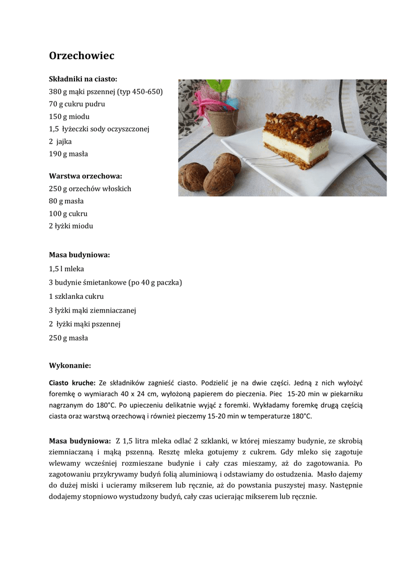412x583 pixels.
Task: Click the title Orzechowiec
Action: tap(82, 56)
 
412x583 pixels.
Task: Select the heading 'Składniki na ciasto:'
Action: tap(83, 79)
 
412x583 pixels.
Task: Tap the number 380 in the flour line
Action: tap(55, 92)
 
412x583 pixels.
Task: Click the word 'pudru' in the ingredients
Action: tap(95, 104)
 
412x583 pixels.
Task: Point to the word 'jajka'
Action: tap(64, 141)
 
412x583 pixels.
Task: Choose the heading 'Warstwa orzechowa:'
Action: tap(85, 176)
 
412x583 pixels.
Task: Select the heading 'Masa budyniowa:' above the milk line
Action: tap(80, 255)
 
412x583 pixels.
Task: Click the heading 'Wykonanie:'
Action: tap(70, 366)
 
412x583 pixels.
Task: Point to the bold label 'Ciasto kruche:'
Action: tap(73, 383)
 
